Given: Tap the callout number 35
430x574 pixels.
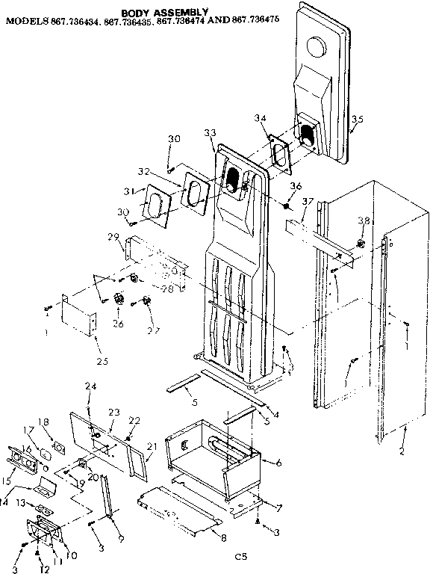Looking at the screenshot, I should (x=358, y=120).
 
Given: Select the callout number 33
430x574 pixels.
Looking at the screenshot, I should (x=210, y=132).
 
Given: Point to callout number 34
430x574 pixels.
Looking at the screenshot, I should (x=260, y=119).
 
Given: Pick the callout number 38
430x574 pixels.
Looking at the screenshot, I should (x=364, y=221).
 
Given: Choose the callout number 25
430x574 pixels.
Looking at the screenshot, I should (x=102, y=362).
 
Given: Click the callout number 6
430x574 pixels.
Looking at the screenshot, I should (x=278, y=463).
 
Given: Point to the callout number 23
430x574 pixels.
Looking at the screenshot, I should (x=113, y=410).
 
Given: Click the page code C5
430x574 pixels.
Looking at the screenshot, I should (x=240, y=556).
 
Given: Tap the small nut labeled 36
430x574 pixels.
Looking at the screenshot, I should (x=287, y=204).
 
